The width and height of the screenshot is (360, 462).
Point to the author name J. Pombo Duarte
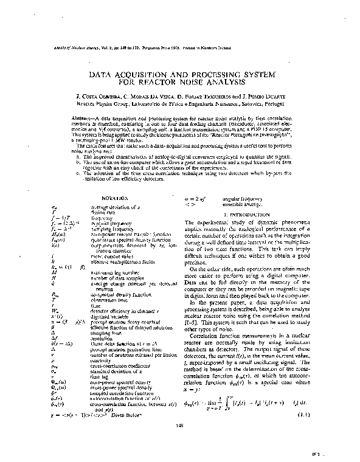pyautogui.click(x=268, y=96)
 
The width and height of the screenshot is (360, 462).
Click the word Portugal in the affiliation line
pyautogui.click(x=277, y=104)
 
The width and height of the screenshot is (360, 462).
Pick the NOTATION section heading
pyautogui.click(x=114, y=199)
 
